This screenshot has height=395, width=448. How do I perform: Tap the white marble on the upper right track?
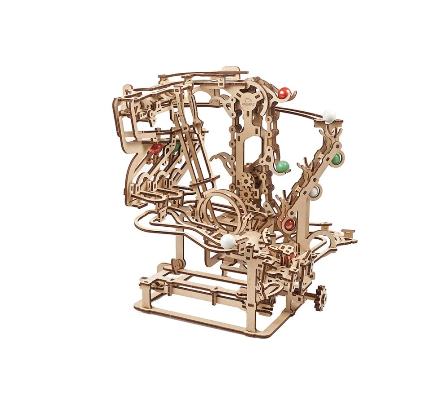click(329, 116)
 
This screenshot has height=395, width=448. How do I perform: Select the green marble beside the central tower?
click(282, 167)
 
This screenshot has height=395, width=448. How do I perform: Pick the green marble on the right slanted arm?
click(336, 158)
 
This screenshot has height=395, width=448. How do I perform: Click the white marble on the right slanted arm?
click(314, 193)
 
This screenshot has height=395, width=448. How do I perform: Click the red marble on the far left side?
click(156, 149)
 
